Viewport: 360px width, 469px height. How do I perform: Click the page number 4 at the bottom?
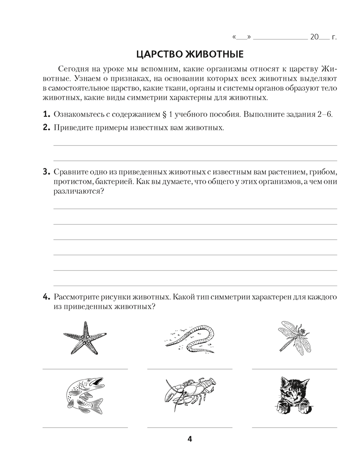click(189, 439)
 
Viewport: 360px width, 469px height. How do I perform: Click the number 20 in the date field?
click(314, 36)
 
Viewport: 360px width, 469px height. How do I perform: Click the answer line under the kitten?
click(294, 427)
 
